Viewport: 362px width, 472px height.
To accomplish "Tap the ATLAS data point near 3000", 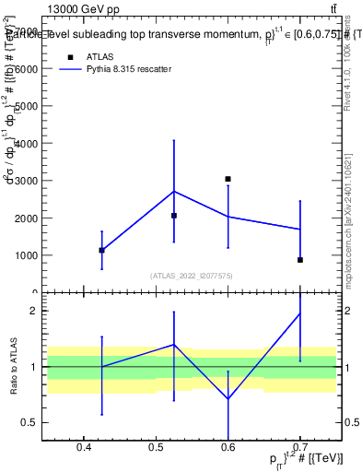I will tap(228, 179).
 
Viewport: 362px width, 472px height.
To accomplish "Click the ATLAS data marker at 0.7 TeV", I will tap(300, 260).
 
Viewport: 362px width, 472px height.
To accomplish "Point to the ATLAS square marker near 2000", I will tap(174, 216).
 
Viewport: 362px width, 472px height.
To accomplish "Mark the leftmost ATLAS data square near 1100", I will tap(101, 250).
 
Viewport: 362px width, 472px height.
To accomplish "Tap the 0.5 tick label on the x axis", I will tap(156, 448).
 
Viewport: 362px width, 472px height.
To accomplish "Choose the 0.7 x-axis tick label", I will tap(300, 448).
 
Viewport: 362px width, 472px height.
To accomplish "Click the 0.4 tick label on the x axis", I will tap(84, 448).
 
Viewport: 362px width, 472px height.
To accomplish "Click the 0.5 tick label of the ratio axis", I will tap(29, 423).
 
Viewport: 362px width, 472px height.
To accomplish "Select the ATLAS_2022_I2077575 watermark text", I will tap(193, 275).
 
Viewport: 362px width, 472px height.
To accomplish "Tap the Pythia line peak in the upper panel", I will tap(174, 192).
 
